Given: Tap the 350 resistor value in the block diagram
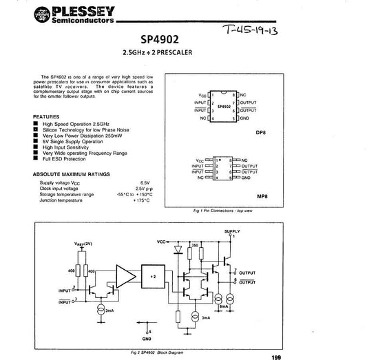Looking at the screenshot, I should (196, 245).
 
